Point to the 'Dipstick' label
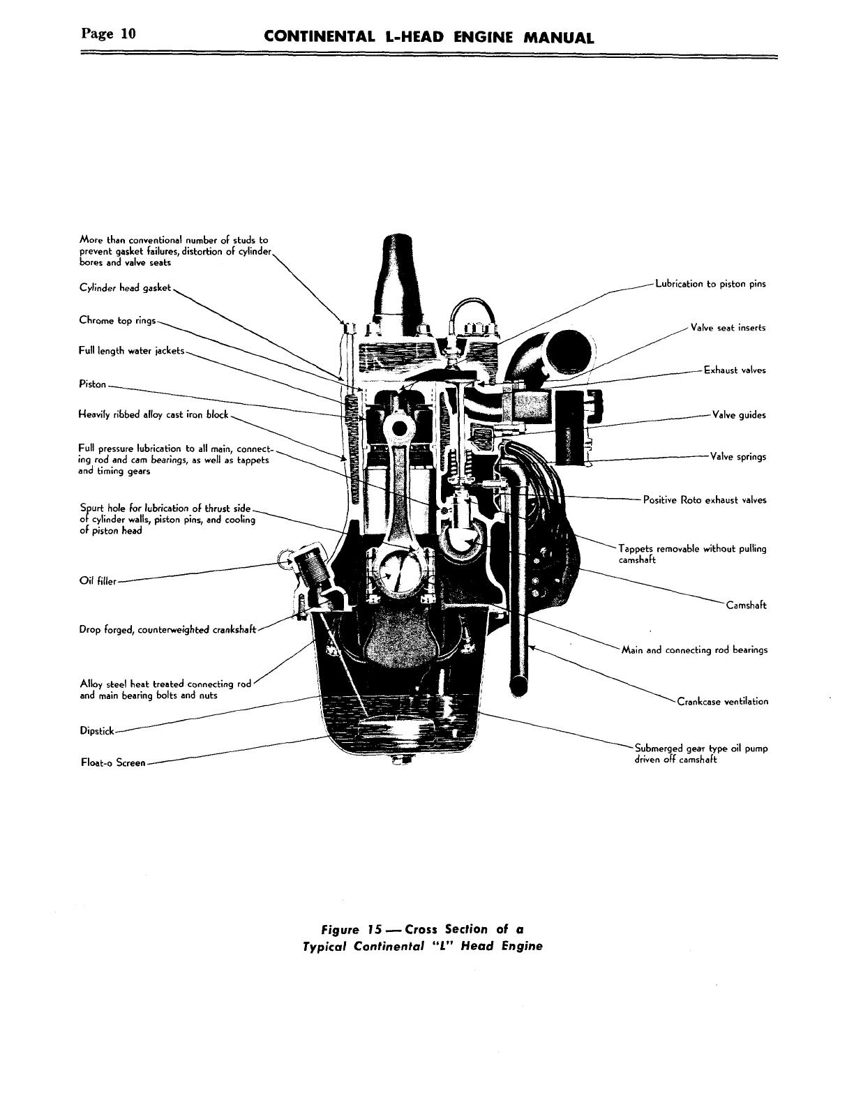tap(97, 732)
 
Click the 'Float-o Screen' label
tap(113, 762)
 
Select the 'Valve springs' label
tap(737, 457)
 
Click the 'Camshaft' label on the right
tap(746, 605)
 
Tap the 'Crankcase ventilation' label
tap(722, 701)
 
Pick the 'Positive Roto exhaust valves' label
tap(704, 499)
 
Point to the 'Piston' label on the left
tap(93, 384)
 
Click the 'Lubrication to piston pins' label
tap(710, 284)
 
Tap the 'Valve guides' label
tap(738, 415)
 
